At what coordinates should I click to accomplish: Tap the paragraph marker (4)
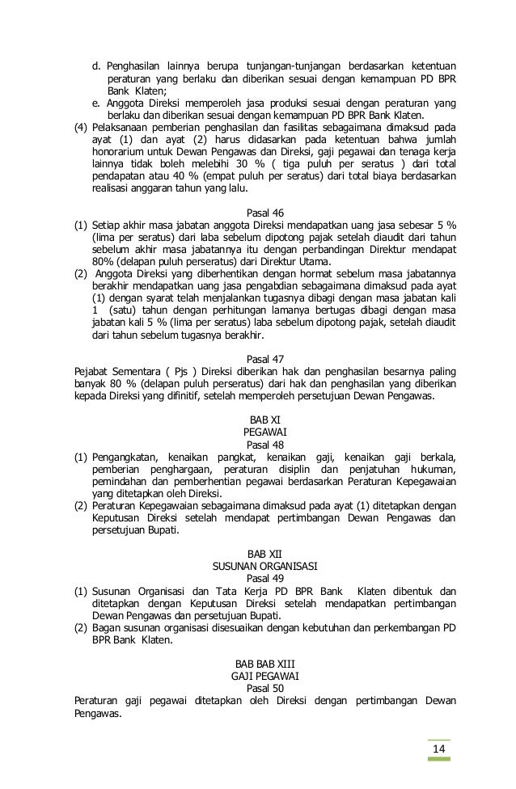click(x=80, y=127)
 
